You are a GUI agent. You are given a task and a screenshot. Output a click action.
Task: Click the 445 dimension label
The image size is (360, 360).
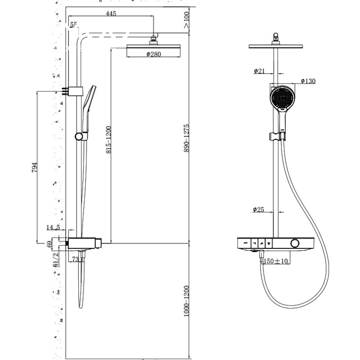coord(111,14)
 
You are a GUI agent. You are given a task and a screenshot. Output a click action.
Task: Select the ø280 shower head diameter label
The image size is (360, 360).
coord(154,54)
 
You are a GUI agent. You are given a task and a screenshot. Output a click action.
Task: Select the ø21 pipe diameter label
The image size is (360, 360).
coord(259,71)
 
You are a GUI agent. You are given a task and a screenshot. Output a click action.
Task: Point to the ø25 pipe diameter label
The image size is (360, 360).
coord(259,210)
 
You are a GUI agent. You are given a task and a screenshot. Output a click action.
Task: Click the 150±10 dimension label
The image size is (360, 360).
coord(275,261)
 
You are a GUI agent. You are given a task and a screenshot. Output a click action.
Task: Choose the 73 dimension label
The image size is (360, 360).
coord(75,259)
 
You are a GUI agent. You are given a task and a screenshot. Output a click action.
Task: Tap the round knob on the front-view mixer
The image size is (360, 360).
coord(294,243)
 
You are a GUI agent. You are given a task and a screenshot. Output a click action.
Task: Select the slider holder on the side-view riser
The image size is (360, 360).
coord(80,136)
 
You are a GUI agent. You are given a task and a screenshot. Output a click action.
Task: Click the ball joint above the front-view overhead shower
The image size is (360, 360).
coord(276,38)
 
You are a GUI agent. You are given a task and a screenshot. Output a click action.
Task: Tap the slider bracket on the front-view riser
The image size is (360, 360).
coord(276,135)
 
